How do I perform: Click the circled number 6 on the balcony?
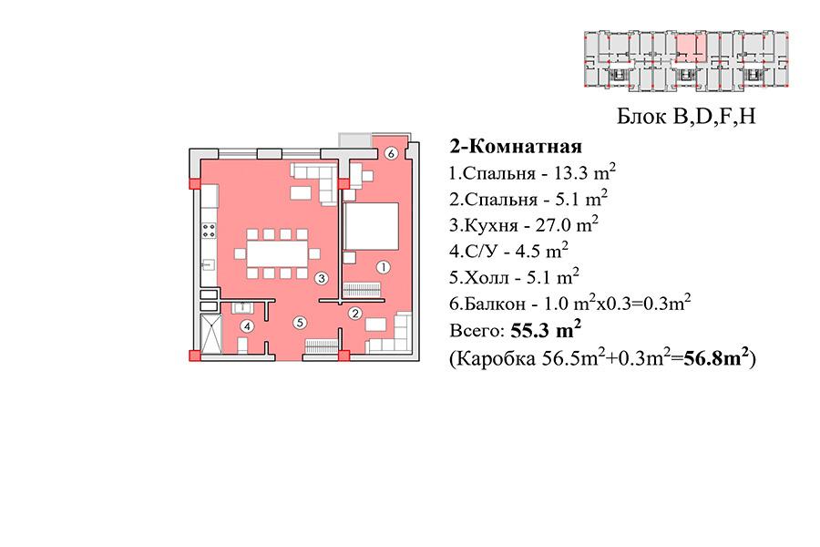[x=391, y=153]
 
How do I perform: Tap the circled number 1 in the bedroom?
[x=384, y=267]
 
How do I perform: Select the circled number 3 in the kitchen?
[x=322, y=278]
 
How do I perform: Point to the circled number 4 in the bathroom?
[x=247, y=326]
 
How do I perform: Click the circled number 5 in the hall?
[x=300, y=323]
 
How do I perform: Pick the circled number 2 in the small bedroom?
[x=355, y=314]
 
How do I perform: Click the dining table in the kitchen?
[x=277, y=253]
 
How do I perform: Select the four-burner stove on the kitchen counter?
[x=209, y=231]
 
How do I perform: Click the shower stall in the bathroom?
[x=211, y=334]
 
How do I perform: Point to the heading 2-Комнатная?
[x=516, y=147]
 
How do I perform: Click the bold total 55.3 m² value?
[x=546, y=330]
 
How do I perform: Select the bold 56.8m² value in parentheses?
[x=717, y=358]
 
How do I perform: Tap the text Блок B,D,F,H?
[x=686, y=116]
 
